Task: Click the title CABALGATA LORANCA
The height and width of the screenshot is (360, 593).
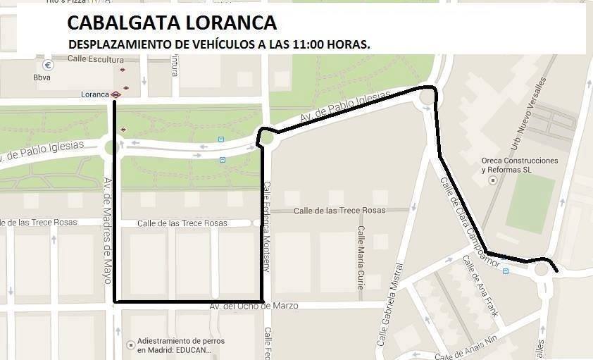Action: click(x=171, y=23)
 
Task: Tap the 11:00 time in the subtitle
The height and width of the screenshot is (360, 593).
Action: click(x=311, y=44)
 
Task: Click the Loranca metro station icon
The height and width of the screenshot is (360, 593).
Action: click(x=116, y=94)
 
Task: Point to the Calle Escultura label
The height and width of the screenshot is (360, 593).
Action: click(x=96, y=59)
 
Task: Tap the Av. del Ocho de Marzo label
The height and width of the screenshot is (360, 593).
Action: click(x=254, y=306)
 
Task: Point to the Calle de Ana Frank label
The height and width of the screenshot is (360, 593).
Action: click(x=480, y=285)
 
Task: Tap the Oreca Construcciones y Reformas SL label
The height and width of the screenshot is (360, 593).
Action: click(x=520, y=166)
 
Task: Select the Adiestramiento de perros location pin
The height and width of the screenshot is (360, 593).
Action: click(x=130, y=345)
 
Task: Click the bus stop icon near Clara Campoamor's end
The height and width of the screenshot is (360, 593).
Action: click(x=506, y=271)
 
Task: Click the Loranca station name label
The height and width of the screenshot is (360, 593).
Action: click(x=94, y=94)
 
